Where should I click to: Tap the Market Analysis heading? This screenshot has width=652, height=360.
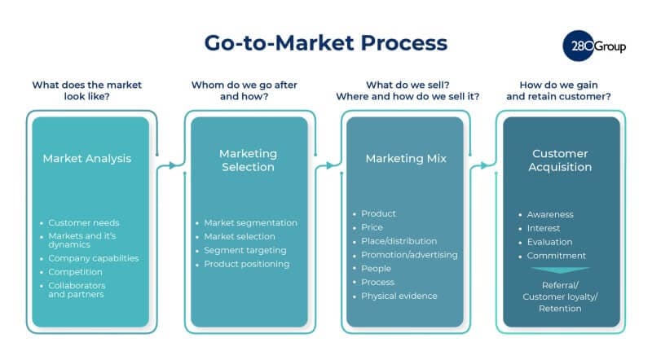coord(86,158)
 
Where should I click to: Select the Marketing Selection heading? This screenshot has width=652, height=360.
coord(248,160)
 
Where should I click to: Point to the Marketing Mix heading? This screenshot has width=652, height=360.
coord(404,158)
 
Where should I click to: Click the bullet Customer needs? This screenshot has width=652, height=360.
coord(84,222)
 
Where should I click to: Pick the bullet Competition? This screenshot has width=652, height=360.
coord(75,271)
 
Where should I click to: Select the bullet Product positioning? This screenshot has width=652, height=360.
coord(247,264)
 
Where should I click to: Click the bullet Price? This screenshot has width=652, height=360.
coord(372,227)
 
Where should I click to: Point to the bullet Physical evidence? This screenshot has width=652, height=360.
coord(399,296)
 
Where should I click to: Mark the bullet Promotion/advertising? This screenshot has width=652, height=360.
coord(409,255)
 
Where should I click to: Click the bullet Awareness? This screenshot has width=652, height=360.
coord(550,214)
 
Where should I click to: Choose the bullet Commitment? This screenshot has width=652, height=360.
coord(557,256)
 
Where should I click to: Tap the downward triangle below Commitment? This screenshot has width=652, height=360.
coord(559,270)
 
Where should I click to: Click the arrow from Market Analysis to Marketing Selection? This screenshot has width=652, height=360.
coord(170,166)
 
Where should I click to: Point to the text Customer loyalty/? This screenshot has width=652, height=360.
coord(560,297)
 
